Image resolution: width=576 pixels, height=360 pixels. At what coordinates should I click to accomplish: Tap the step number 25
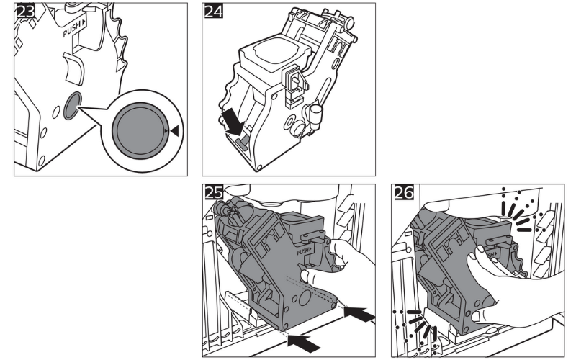click(214, 194)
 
